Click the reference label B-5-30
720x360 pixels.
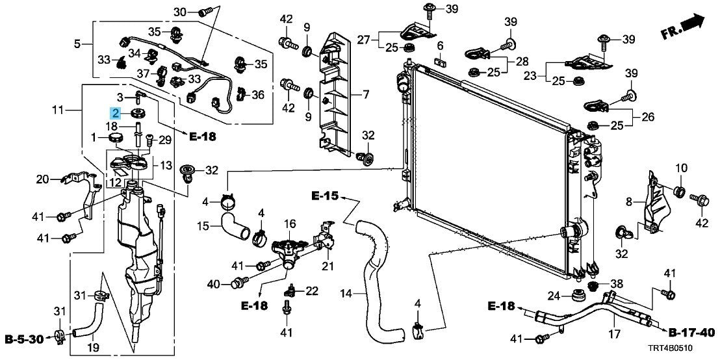click(24, 339)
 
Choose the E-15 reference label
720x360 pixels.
click(325, 196)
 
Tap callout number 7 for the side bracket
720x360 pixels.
click(365, 96)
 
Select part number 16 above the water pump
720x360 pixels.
click(290, 224)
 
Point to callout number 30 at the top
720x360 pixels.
click(181, 12)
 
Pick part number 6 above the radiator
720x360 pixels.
click(440, 45)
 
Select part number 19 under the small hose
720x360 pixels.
click(93, 348)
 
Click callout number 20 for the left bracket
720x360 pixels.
click(43, 179)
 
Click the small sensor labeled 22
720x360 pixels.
click(290, 290)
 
